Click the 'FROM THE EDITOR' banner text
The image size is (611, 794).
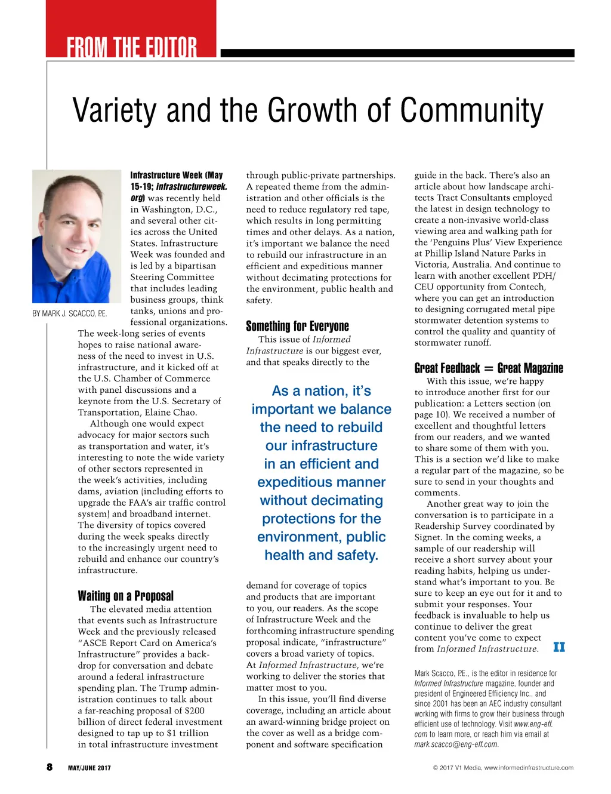(x=131, y=47)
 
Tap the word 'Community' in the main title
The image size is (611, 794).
(x=471, y=111)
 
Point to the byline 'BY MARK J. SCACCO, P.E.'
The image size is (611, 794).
(x=69, y=313)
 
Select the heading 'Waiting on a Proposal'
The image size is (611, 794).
(x=125, y=596)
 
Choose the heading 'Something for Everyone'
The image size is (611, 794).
(x=297, y=326)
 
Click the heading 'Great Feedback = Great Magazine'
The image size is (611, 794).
(x=488, y=368)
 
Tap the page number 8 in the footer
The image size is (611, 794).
(x=50, y=767)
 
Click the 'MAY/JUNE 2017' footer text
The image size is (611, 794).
(x=89, y=768)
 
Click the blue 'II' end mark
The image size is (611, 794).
(x=558, y=647)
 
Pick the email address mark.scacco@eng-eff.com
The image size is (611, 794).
(x=456, y=744)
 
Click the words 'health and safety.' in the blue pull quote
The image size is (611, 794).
(x=321, y=555)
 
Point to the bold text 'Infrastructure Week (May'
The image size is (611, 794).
(x=177, y=176)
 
